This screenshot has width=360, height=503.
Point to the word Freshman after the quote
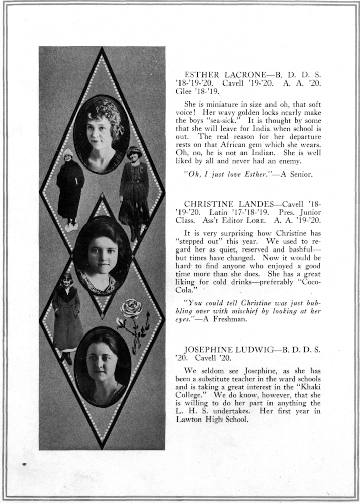tap(230, 321)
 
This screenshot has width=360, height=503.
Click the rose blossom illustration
tap(131, 309)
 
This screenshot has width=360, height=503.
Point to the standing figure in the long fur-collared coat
tap(67, 317)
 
